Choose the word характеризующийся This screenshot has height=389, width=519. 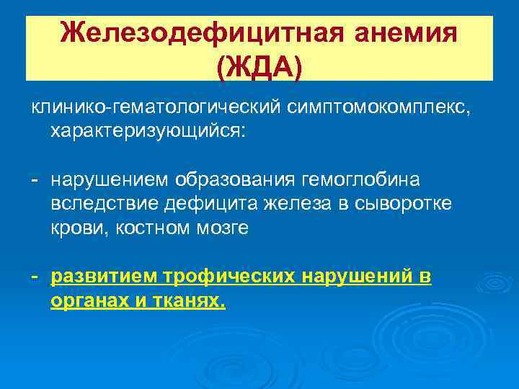click(147, 132)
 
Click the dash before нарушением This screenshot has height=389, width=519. click(35, 178)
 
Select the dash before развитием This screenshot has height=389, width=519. click(35, 277)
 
